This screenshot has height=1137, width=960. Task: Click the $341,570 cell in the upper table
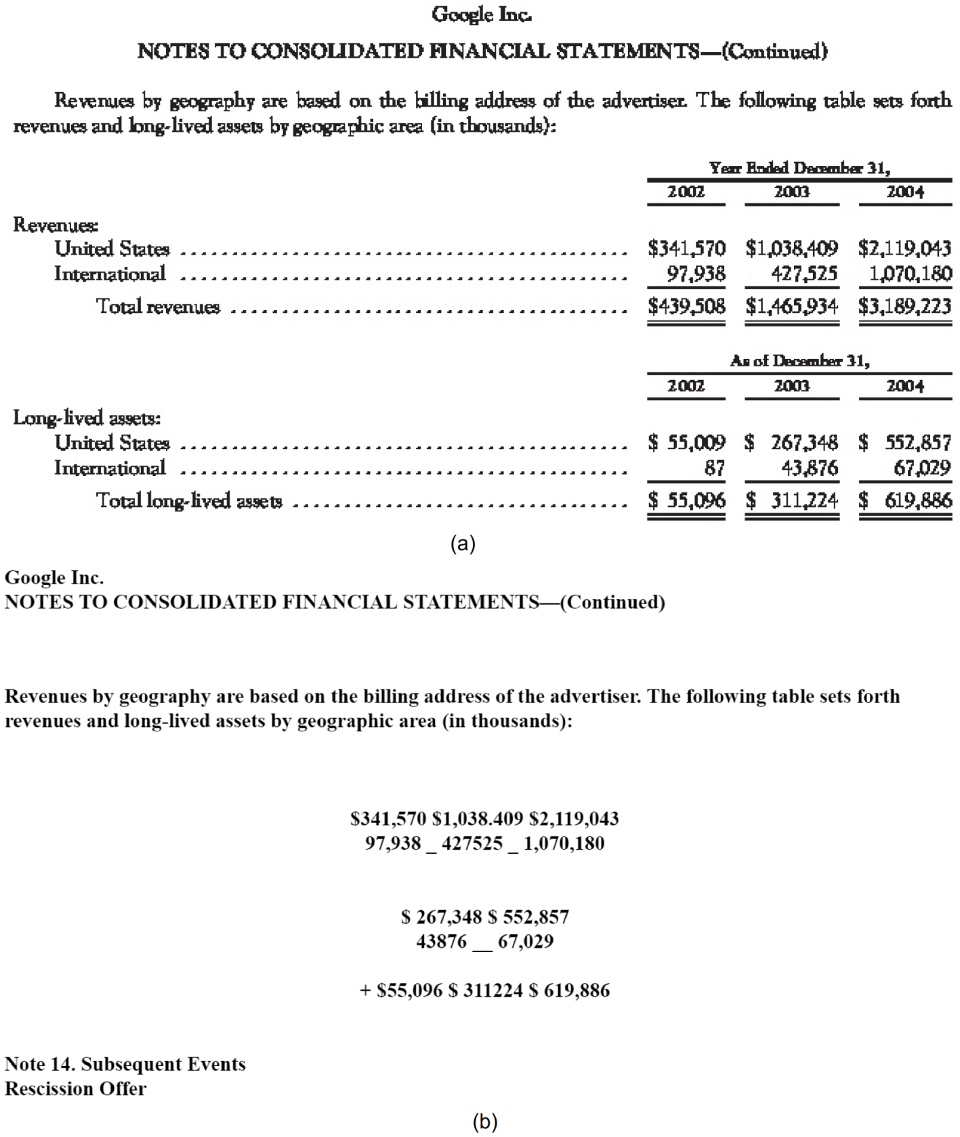686,249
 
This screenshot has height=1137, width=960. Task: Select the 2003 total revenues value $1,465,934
791,306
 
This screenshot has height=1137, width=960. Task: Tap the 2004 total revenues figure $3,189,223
904,306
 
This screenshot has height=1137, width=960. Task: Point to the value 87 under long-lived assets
714,468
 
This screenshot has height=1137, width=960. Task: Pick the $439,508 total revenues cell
686,306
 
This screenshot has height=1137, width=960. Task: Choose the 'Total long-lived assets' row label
189,500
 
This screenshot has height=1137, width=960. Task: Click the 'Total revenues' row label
158,306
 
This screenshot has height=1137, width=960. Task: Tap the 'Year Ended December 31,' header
799,167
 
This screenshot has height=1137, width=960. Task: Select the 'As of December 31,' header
799,361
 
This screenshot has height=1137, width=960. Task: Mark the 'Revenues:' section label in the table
56,224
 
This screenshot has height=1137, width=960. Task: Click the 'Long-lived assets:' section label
87,418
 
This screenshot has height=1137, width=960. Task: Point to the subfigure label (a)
463,543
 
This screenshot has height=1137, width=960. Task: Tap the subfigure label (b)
485,1121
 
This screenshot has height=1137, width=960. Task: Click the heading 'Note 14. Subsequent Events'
125,1064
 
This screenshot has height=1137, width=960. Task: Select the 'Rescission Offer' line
75,1088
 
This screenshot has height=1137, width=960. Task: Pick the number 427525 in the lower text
472,844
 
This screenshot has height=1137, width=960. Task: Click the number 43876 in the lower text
442,941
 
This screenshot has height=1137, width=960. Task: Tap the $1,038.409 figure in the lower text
478,819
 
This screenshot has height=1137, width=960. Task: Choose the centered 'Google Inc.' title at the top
482,14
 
